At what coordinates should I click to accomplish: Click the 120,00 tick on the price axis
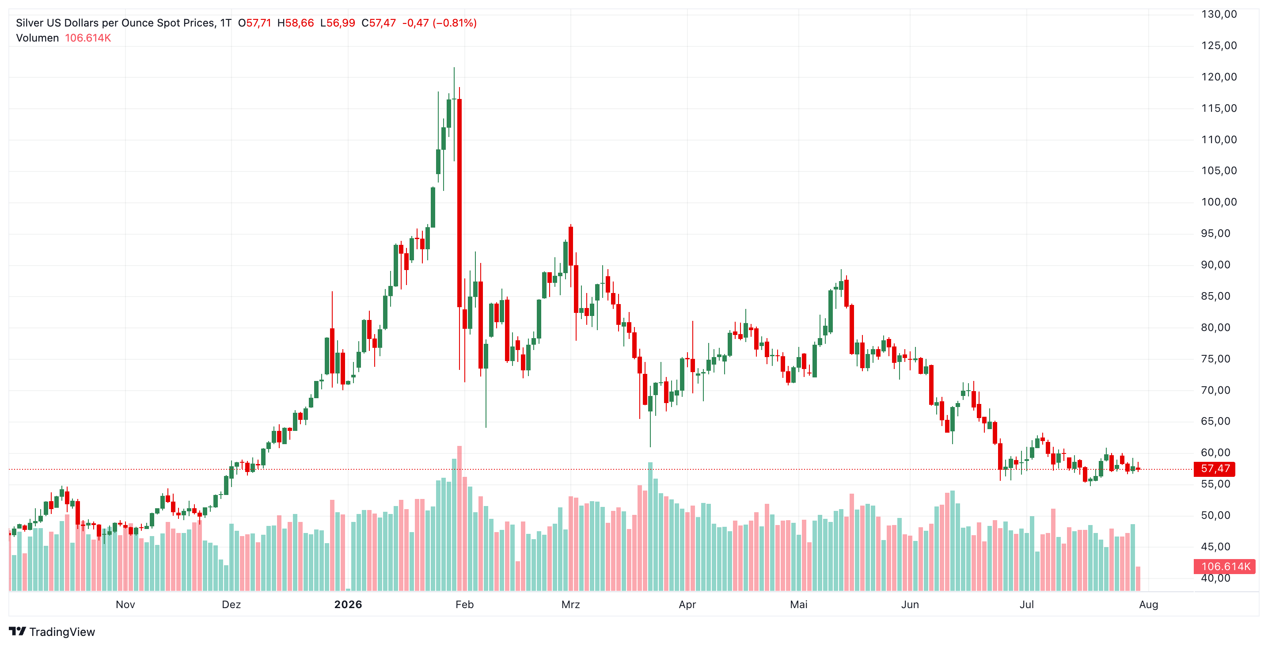click(1219, 77)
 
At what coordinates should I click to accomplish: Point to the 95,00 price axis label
click(1215, 233)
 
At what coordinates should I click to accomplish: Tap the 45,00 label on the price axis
click(1215, 547)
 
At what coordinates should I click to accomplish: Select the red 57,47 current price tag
click(1215, 469)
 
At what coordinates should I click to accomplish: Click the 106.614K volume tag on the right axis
click(1225, 566)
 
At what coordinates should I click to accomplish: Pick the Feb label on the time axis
click(464, 605)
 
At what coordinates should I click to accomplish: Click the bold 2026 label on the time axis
click(348, 605)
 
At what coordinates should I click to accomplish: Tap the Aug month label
click(1148, 605)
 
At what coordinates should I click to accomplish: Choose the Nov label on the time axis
click(125, 605)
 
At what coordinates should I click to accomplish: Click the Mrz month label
click(570, 605)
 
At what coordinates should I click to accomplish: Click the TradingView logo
click(52, 632)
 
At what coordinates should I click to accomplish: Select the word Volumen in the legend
click(38, 38)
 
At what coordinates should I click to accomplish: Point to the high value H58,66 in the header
click(295, 23)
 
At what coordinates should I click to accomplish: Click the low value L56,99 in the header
click(337, 23)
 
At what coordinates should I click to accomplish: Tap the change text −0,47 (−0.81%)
click(440, 23)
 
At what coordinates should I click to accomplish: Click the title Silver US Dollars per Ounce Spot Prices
click(116, 23)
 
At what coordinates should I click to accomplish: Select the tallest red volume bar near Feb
click(459, 518)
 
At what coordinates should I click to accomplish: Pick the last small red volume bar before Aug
click(1138, 579)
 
